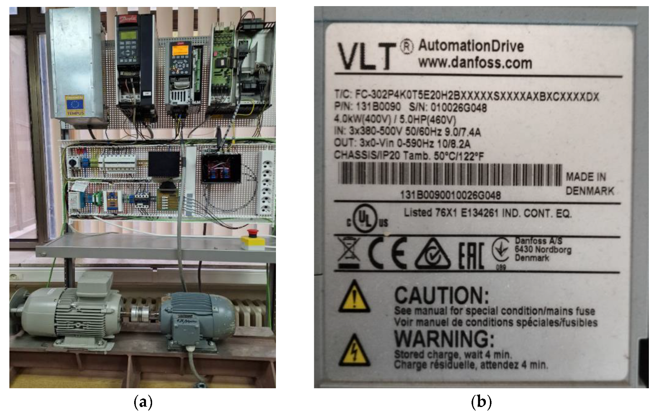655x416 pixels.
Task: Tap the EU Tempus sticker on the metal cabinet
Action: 75,106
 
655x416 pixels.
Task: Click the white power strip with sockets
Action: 265,183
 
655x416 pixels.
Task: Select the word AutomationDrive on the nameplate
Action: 471,46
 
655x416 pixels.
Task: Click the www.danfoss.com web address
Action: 475,63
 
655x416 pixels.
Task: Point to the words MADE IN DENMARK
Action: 589,184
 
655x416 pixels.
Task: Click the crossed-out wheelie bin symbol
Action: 348,253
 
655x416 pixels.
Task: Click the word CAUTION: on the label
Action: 441,294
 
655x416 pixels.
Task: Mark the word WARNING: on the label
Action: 444,339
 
